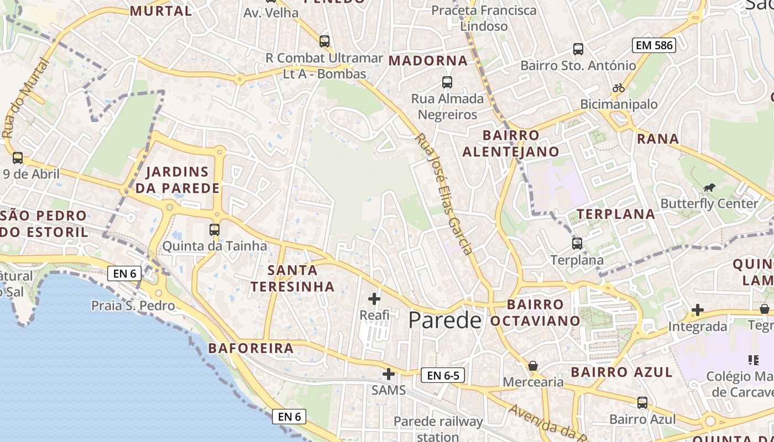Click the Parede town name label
(x=444, y=320)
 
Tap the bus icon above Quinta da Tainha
(x=215, y=230)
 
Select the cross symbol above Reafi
(x=374, y=299)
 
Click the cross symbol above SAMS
(x=389, y=374)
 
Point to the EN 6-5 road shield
(x=443, y=376)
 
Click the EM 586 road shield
(x=655, y=45)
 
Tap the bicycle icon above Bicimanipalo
(x=619, y=88)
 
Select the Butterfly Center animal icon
(x=709, y=188)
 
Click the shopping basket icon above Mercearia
(x=533, y=366)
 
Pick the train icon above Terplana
(x=577, y=244)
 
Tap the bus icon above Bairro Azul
(x=642, y=403)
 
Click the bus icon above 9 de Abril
(x=18, y=158)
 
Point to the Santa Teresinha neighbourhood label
(x=292, y=278)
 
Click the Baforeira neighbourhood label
(x=251, y=348)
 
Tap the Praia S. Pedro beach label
(x=133, y=306)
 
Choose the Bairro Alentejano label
(x=511, y=144)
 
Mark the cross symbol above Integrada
(x=698, y=311)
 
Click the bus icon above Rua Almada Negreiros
(x=447, y=83)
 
